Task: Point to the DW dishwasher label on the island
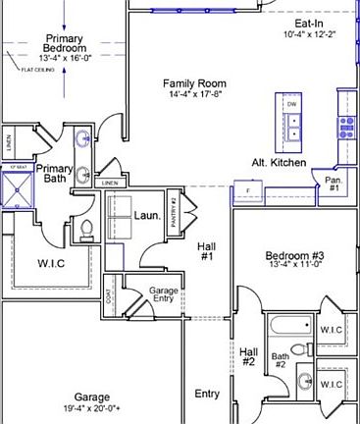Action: tap(291, 103)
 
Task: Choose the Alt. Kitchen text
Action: tap(279, 162)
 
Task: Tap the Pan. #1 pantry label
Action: tap(334, 184)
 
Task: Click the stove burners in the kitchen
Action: tap(346, 125)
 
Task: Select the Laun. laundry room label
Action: tap(147, 214)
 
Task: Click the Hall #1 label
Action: tap(207, 251)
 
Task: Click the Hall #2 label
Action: tap(249, 356)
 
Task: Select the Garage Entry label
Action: tap(163, 295)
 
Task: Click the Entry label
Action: tap(207, 394)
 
